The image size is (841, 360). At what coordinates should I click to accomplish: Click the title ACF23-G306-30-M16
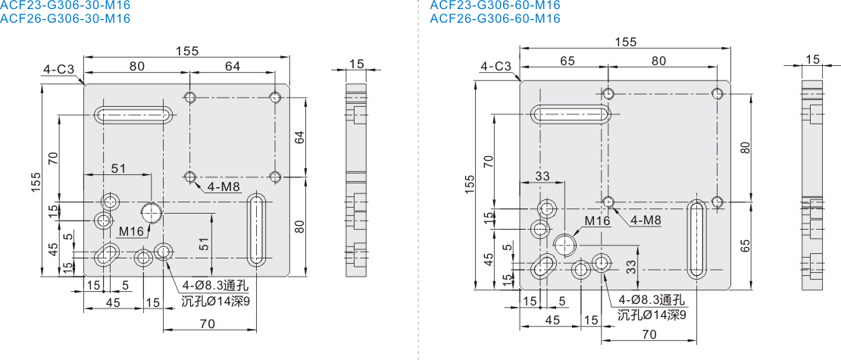point(65,5)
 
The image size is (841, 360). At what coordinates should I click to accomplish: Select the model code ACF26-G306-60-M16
point(495,18)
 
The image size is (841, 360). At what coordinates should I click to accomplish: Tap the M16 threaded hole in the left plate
point(152,212)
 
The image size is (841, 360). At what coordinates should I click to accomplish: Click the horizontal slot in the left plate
point(133,114)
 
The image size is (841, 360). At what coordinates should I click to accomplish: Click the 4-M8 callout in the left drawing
point(223,187)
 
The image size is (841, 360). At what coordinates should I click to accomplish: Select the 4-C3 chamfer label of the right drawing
point(496,67)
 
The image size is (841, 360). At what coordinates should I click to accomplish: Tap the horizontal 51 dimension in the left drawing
point(118,168)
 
